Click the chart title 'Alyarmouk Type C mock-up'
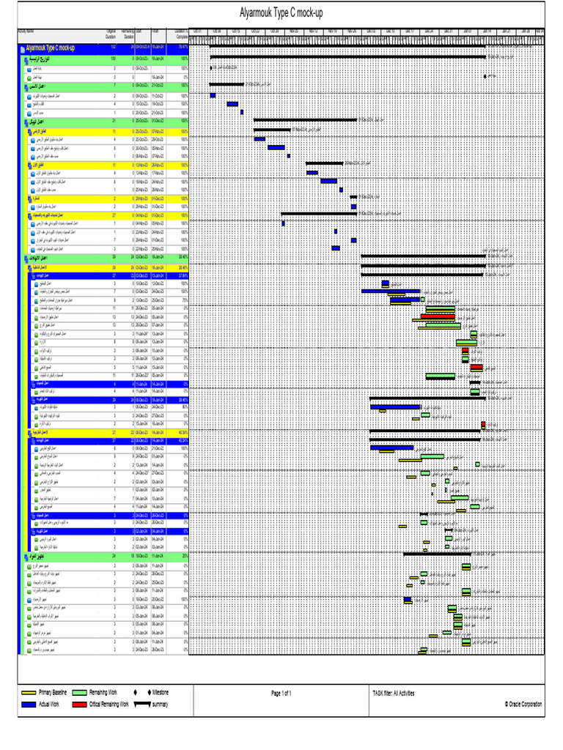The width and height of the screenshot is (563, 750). pos(281,13)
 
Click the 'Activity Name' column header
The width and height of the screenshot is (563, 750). pos(26,31)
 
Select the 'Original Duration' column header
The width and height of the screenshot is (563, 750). pos(111,33)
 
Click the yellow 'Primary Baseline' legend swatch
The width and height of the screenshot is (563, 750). pos(29,691)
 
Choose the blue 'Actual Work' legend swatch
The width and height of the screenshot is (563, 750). pos(29,704)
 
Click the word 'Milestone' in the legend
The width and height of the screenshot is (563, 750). pos(160,691)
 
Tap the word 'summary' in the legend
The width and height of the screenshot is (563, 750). pos(160,704)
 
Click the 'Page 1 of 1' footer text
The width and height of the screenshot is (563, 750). pos(281,692)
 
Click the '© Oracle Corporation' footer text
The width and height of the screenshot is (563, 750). pos(523,704)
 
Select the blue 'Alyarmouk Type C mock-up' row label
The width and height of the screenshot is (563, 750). pos(55,48)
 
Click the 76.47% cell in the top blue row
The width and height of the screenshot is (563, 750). pos(183,48)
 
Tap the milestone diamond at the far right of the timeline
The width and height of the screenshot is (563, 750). pos(485,75)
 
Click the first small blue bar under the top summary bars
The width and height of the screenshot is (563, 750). pos(213,95)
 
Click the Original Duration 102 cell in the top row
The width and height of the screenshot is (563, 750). pos(112,48)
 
